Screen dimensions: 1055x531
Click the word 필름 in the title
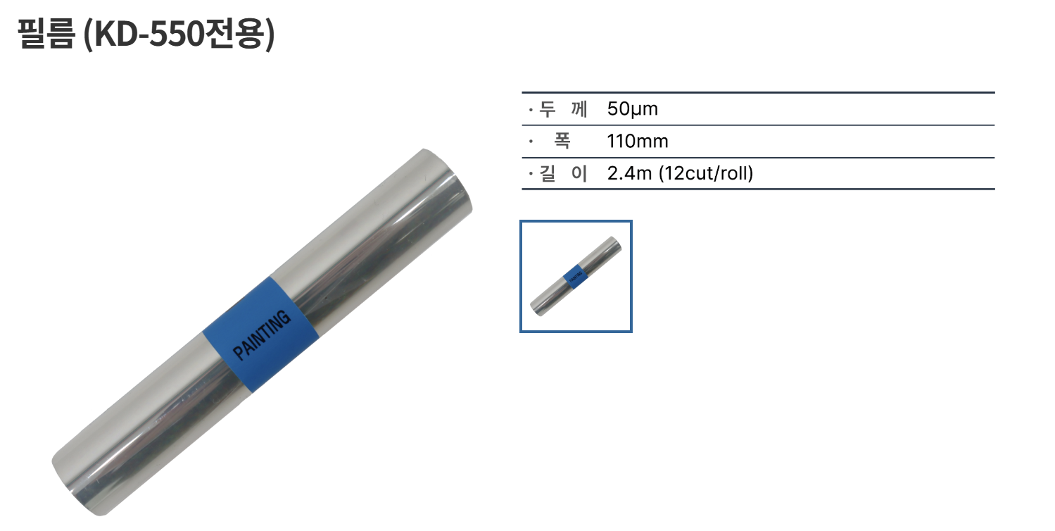[46, 34]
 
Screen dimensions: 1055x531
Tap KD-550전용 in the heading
[178, 34]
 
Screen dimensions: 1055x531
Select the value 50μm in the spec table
[632, 109]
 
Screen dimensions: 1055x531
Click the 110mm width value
[637, 142]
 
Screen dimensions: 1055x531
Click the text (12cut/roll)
[705, 173]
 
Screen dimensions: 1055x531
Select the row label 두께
[563, 109]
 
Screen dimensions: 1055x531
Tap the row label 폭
[562, 141]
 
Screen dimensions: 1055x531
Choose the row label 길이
[563, 173]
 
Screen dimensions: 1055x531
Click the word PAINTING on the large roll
[262, 335]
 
